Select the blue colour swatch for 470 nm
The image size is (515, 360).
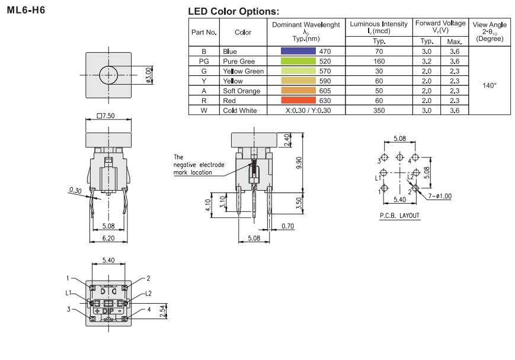tap(299, 52)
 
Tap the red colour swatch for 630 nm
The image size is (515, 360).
tap(299, 100)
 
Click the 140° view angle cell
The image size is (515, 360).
tap(489, 85)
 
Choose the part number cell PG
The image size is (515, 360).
tap(203, 61)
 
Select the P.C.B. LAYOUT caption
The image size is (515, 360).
tap(400, 216)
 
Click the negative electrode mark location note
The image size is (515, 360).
tap(193, 165)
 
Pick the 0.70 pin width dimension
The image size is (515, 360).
tap(288, 226)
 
